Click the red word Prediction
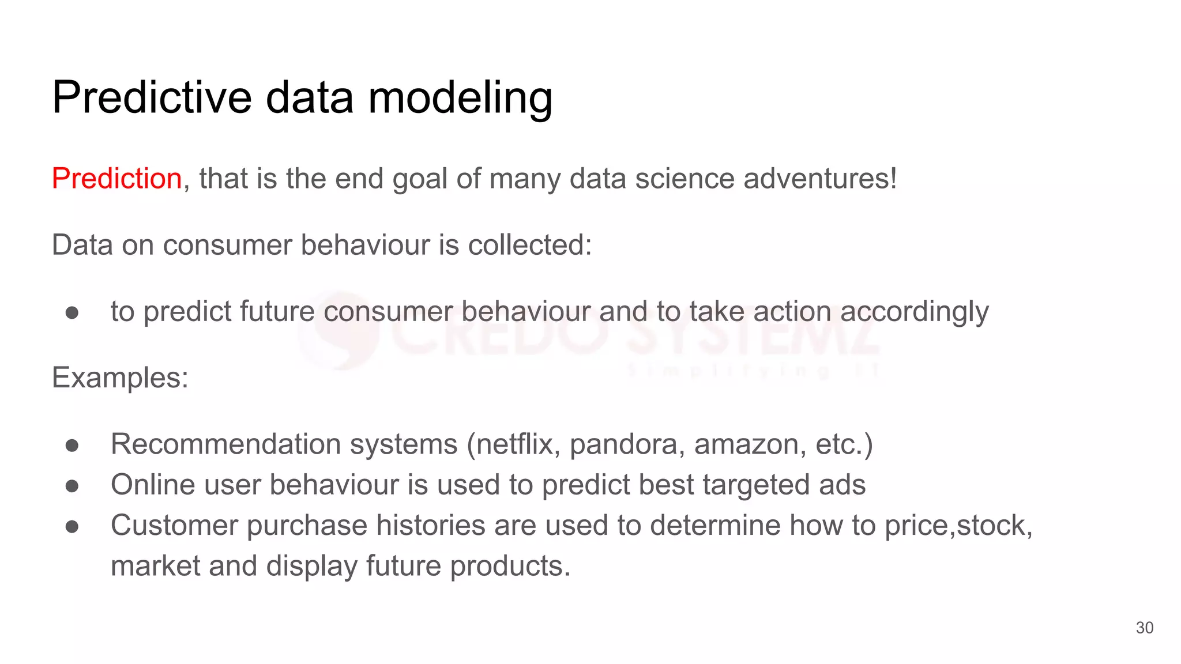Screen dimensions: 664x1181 coord(117,178)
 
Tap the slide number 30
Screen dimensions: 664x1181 coord(1144,628)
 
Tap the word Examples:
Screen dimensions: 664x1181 coord(121,378)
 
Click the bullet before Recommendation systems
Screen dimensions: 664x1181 coord(72,445)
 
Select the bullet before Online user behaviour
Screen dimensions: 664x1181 coord(72,485)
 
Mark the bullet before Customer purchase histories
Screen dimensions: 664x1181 coord(72,526)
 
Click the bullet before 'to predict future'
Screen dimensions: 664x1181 coord(72,312)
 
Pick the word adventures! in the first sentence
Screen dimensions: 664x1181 coord(820,178)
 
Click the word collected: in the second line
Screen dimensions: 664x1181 coord(529,245)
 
